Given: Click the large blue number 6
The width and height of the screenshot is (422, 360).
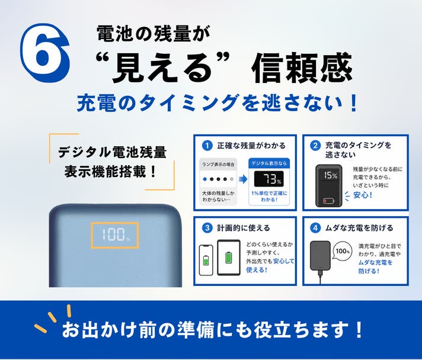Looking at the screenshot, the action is click(44, 53).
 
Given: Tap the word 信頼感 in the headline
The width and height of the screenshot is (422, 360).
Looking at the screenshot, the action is click(302, 67).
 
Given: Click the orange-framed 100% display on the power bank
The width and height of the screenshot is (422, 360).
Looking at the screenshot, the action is click(115, 235).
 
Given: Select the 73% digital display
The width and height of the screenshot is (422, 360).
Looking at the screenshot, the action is click(269, 179).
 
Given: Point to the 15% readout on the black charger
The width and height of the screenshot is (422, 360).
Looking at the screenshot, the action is click(331, 176).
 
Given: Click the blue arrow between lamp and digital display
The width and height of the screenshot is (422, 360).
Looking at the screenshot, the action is click(243, 179).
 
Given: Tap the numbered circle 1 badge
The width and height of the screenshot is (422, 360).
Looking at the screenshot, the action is click(207, 146).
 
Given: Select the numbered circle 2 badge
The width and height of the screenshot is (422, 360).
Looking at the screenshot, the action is click(315, 146).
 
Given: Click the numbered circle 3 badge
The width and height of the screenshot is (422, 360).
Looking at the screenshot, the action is click(207, 228).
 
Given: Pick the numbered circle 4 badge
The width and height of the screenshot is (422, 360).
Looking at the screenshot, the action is click(315, 228).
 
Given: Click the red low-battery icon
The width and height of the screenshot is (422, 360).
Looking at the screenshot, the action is click(329, 201).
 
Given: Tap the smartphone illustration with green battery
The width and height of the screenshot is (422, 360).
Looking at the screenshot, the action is click(206, 260).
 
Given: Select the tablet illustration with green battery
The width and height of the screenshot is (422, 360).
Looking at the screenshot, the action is click(229, 258).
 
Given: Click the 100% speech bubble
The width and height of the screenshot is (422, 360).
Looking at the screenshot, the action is click(343, 251).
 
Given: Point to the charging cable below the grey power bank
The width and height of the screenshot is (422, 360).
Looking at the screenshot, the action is click(320, 277).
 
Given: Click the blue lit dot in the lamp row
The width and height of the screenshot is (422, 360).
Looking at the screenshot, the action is click(205, 179).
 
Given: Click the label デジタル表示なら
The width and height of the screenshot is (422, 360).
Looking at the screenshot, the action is click(269, 163).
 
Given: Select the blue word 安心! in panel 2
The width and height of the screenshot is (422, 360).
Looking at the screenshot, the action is click(363, 195).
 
